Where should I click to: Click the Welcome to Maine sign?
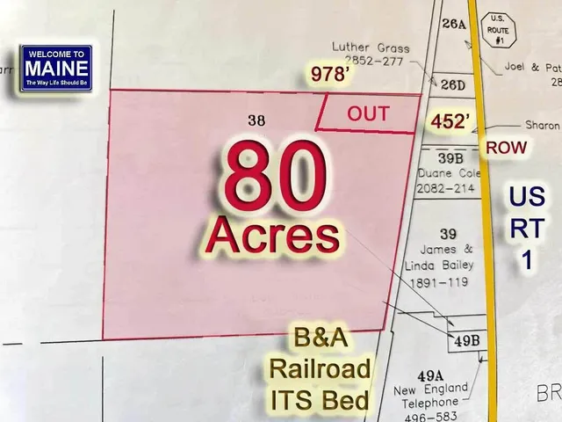pyautogui.click(x=56, y=67)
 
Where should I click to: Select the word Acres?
pyautogui.click(x=273, y=236)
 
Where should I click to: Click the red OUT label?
pyautogui.click(x=368, y=113)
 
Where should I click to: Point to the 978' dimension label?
pyautogui.click(x=333, y=76)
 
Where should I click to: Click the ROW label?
pyautogui.click(x=507, y=148)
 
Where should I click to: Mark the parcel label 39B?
pyautogui.click(x=450, y=158)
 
